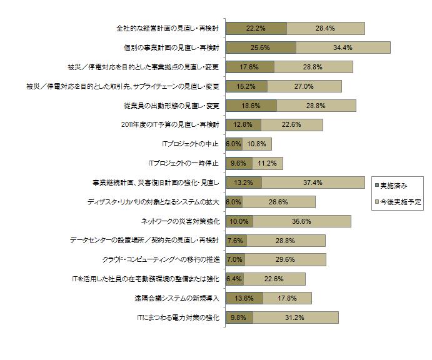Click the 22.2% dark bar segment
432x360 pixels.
[256, 28]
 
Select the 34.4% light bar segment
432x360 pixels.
[343, 47]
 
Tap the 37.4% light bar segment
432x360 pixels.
[313, 182]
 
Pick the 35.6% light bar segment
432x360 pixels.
[306, 221]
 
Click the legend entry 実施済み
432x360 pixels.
[394, 186]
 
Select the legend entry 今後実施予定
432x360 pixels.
[398, 202]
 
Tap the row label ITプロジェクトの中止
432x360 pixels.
[190, 144]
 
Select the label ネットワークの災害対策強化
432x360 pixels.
[181, 221]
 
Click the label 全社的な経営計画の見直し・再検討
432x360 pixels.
[169, 28]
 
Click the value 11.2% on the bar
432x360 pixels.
[267, 163]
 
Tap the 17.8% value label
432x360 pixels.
[287, 298]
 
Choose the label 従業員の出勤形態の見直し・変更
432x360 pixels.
[171, 106]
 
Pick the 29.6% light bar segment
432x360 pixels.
[285, 259]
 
